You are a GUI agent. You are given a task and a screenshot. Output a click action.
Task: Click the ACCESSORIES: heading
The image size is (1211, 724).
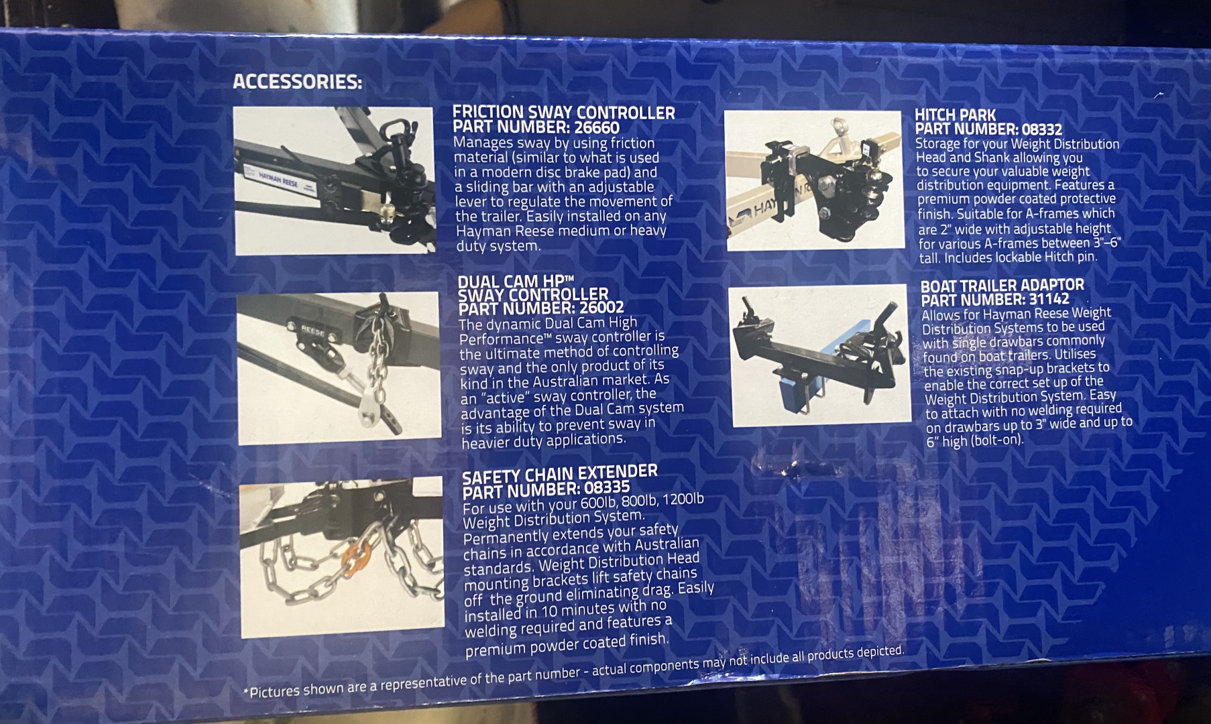point(297,82)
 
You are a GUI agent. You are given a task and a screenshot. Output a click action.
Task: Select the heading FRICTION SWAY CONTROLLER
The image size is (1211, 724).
point(564,112)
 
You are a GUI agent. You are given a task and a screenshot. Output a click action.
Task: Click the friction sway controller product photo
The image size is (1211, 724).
point(334,180)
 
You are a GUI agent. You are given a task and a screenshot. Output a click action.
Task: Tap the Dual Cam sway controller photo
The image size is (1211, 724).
point(339,367)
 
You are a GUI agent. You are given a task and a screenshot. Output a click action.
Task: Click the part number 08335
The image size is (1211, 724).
point(607,488)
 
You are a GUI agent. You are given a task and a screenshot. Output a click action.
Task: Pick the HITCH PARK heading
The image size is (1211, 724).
point(956,115)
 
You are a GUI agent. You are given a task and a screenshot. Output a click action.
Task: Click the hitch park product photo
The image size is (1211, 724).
point(813,181)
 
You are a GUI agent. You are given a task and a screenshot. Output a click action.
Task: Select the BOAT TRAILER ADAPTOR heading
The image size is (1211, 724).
point(1002,286)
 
